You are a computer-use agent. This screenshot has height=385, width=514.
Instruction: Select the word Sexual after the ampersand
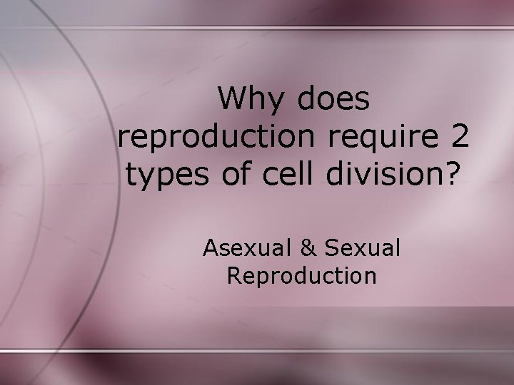[363, 249]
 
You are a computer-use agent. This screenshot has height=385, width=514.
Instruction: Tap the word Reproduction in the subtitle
[301, 275]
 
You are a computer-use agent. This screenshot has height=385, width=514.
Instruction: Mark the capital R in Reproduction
[233, 275]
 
